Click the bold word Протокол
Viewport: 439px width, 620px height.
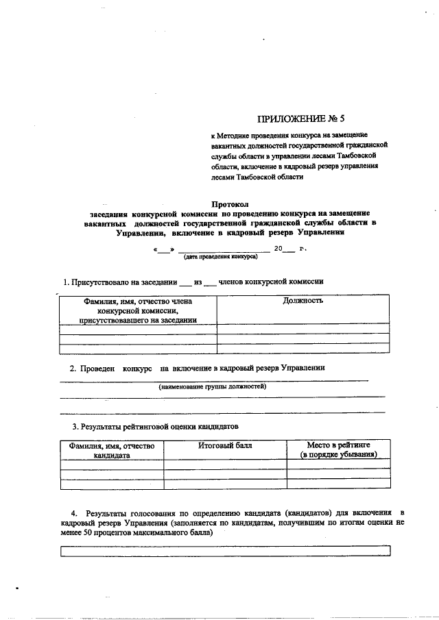(x=228, y=203)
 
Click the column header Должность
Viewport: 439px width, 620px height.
(x=302, y=301)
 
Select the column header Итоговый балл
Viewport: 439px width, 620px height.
(x=225, y=445)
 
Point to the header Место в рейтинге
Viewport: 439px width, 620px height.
(x=338, y=445)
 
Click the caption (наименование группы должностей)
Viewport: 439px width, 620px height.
(x=213, y=387)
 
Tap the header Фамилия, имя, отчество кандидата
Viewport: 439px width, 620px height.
(x=112, y=450)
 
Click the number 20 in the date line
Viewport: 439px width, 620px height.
(x=278, y=248)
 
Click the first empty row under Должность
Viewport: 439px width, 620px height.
(x=302, y=328)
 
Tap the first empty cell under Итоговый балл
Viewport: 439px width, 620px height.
(x=225, y=464)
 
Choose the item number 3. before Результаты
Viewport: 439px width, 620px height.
(x=75, y=426)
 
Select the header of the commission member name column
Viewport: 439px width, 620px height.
(x=138, y=310)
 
